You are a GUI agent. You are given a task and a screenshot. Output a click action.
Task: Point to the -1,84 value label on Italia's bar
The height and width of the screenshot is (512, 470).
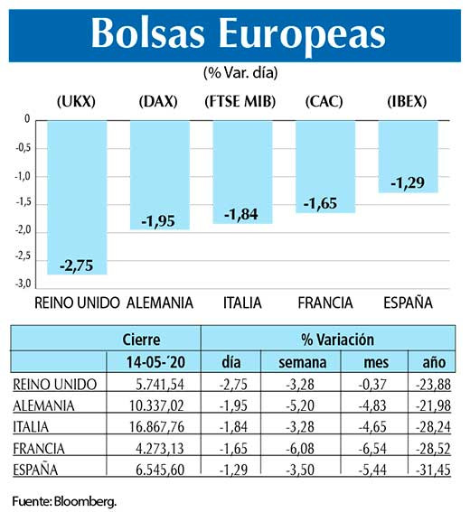pyautogui.click(x=241, y=213)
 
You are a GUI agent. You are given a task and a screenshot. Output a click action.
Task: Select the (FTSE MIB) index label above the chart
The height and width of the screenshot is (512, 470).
pyautogui.click(x=241, y=100)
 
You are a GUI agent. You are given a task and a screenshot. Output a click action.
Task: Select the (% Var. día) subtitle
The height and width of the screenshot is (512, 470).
pyautogui.click(x=234, y=71)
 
